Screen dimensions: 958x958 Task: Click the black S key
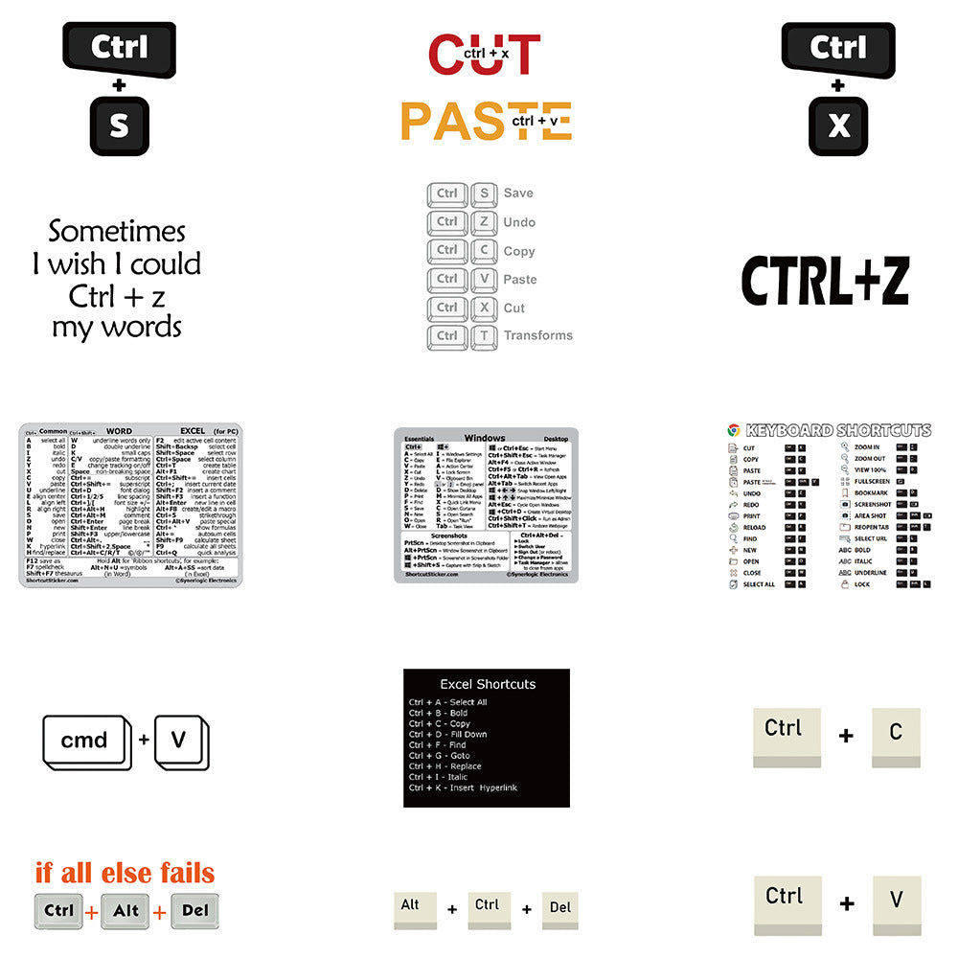(x=119, y=126)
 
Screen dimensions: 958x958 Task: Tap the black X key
(x=838, y=126)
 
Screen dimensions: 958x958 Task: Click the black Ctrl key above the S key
(x=119, y=48)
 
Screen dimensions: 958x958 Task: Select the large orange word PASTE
(x=486, y=121)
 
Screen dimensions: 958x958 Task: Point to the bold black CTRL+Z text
(x=825, y=281)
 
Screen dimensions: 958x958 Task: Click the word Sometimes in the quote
(x=117, y=232)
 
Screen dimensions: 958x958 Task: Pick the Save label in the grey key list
(x=518, y=194)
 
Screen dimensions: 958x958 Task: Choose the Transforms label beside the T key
(x=538, y=335)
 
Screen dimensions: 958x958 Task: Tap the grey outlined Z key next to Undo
(x=485, y=221)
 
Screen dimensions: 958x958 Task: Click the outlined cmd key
(x=84, y=740)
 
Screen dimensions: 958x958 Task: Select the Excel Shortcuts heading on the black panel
(x=488, y=684)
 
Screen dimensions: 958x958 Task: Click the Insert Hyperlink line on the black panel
(x=463, y=787)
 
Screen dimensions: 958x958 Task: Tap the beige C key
(x=896, y=734)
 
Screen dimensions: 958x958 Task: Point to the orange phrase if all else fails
(x=125, y=873)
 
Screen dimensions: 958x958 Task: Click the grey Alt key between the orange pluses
(x=126, y=911)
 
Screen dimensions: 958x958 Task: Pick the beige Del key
(x=560, y=908)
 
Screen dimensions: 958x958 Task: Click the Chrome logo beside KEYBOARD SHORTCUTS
(x=734, y=430)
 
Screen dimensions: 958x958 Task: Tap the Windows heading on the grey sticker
(x=484, y=438)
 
